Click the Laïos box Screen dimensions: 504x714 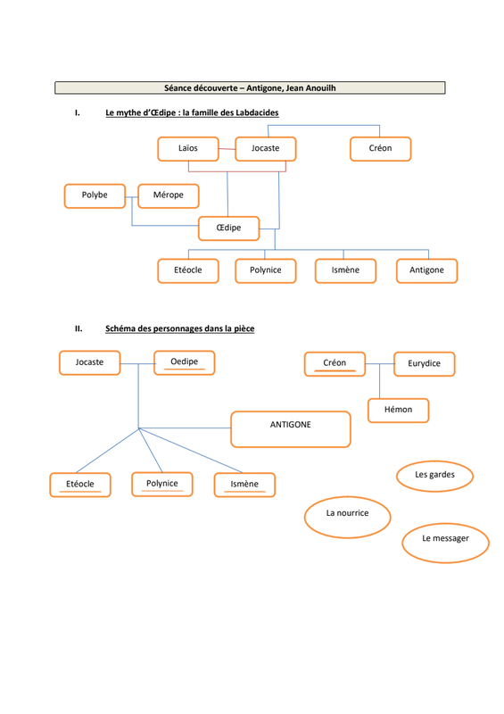[188, 149]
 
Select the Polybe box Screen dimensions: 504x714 [95, 195]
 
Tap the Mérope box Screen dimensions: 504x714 [169, 195]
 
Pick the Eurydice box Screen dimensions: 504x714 [425, 364]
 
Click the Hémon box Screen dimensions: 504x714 [399, 411]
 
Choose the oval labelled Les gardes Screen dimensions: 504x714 [434, 476]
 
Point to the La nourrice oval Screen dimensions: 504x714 [347, 518]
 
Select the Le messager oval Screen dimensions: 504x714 [445, 543]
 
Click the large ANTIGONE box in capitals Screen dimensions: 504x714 [291, 429]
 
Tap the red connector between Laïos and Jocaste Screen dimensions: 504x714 [227, 149]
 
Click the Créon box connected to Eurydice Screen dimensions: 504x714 [335, 364]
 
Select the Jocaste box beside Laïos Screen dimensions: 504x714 [266, 149]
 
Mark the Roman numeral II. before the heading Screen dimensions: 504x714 [78, 328]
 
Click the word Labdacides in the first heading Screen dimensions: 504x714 [257, 112]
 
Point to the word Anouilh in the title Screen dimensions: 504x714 [320, 87]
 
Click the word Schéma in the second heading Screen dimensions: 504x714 [120, 328]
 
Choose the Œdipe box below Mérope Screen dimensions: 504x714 [228, 228]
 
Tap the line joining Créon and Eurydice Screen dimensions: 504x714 [380, 363]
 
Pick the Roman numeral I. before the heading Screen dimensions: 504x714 [78, 112]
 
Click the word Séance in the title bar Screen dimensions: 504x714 [178, 87]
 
